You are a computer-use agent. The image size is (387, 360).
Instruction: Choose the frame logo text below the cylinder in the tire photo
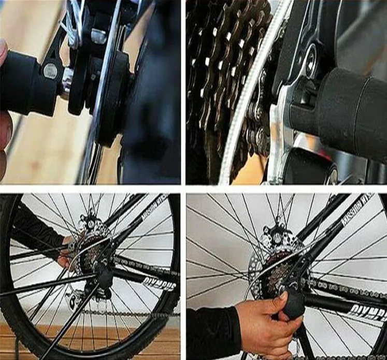[x=158, y=285]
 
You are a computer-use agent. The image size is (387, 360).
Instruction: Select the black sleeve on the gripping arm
[x=212, y=332]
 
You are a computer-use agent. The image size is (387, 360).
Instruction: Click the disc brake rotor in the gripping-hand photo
[x=275, y=243]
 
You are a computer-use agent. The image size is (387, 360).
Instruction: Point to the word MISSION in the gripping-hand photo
[x=357, y=205]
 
